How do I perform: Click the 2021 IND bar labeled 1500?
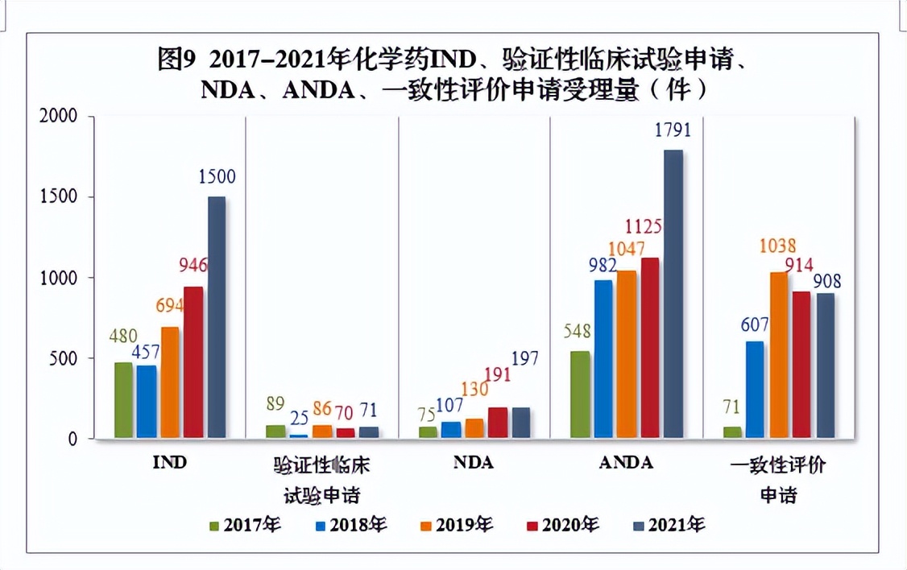pos(216,317)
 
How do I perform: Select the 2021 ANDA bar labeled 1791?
pos(673,294)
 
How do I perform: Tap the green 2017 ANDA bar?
pos(580,394)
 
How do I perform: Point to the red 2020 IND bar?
pos(193,362)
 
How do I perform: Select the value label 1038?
pos(777,246)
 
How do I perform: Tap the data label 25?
pos(299,416)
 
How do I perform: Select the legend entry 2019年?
pos(456,525)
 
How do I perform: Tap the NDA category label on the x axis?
pos(473,464)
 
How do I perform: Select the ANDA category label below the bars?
pos(626,464)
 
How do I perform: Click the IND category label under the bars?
pos(169,464)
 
